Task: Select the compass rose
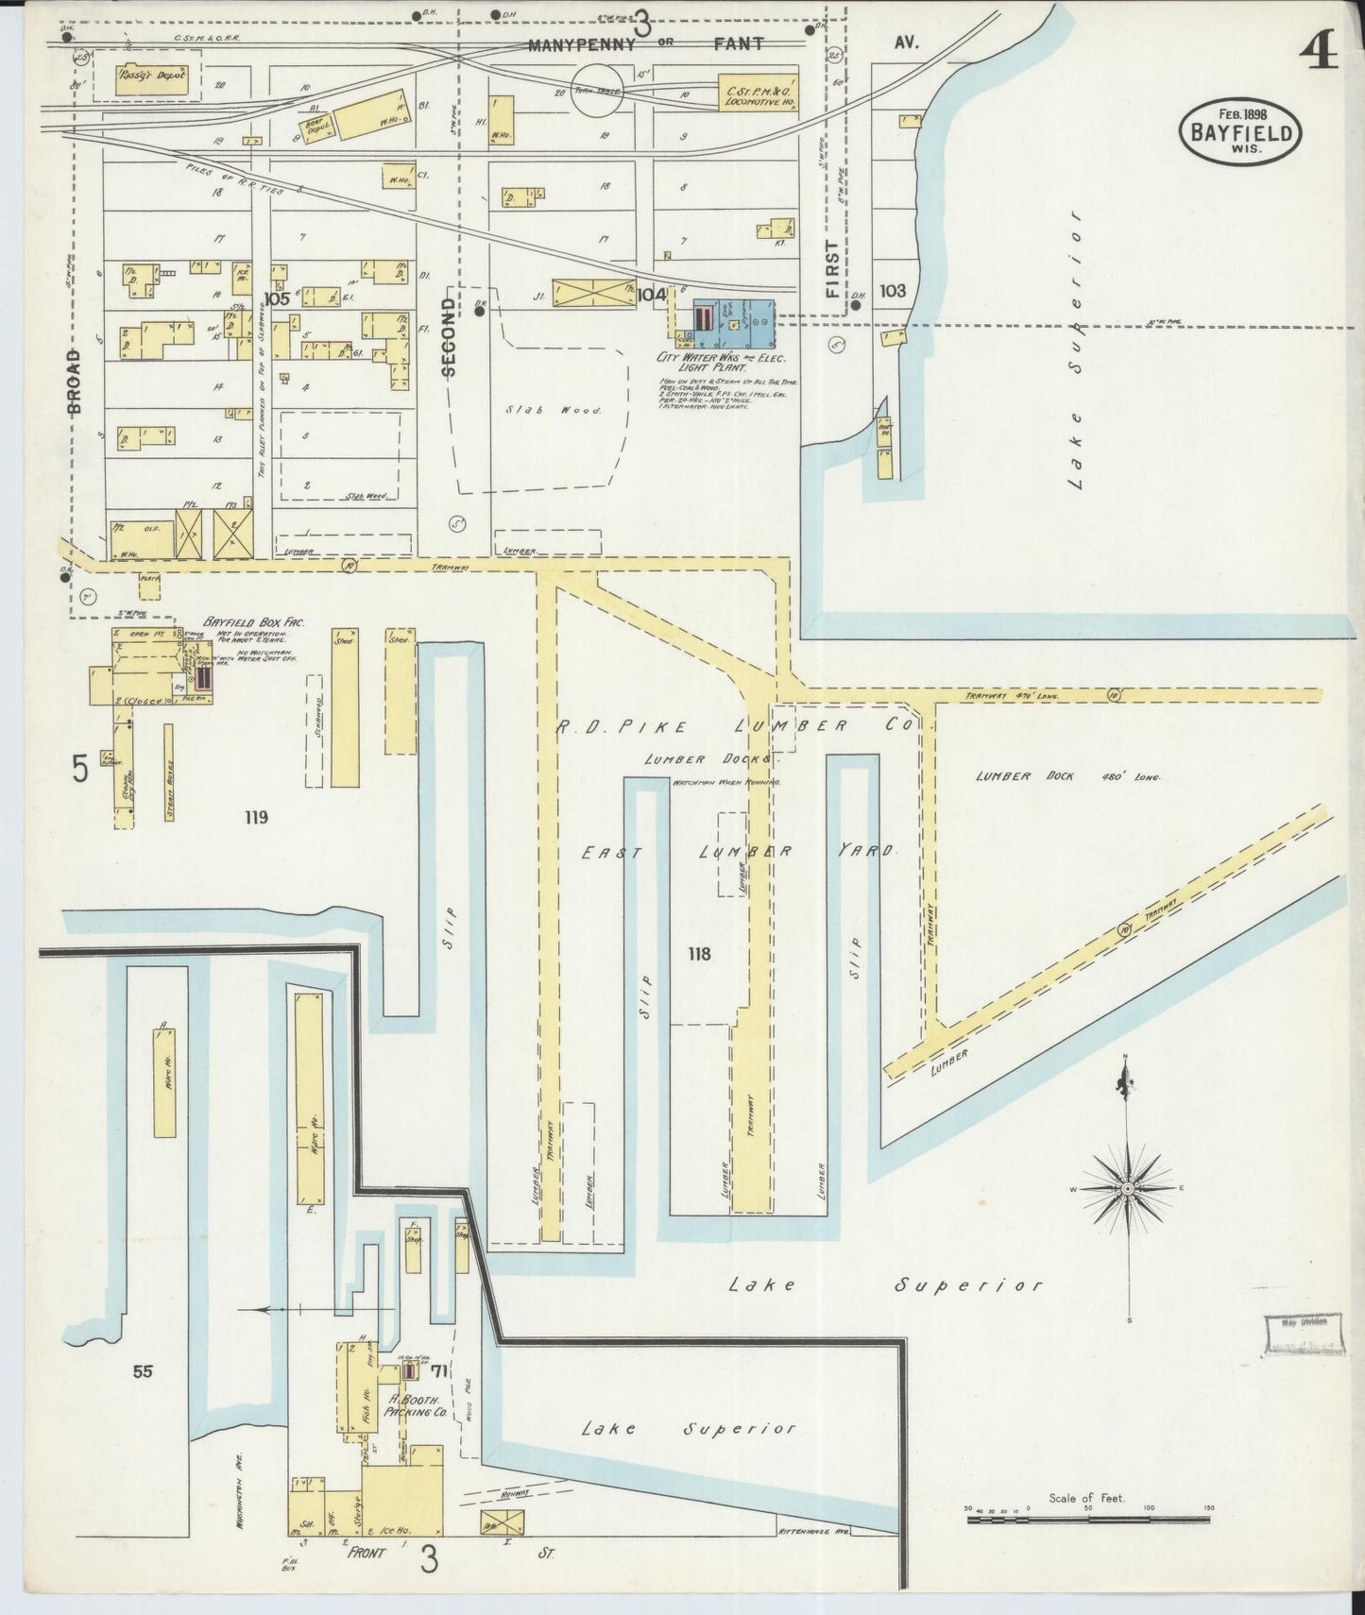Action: pyautogui.click(x=1128, y=1187)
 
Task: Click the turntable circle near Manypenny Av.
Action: pyautogui.click(x=605, y=90)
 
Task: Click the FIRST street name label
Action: pyautogui.click(x=832, y=269)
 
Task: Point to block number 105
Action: pyautogui.click(x=276, y=298)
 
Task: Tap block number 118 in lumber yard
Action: pyautogui.click(x=699, y=954)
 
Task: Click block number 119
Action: pyautogui.click(x=255, y=817)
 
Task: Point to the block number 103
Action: pyautogui.click(x=893, y=291)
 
